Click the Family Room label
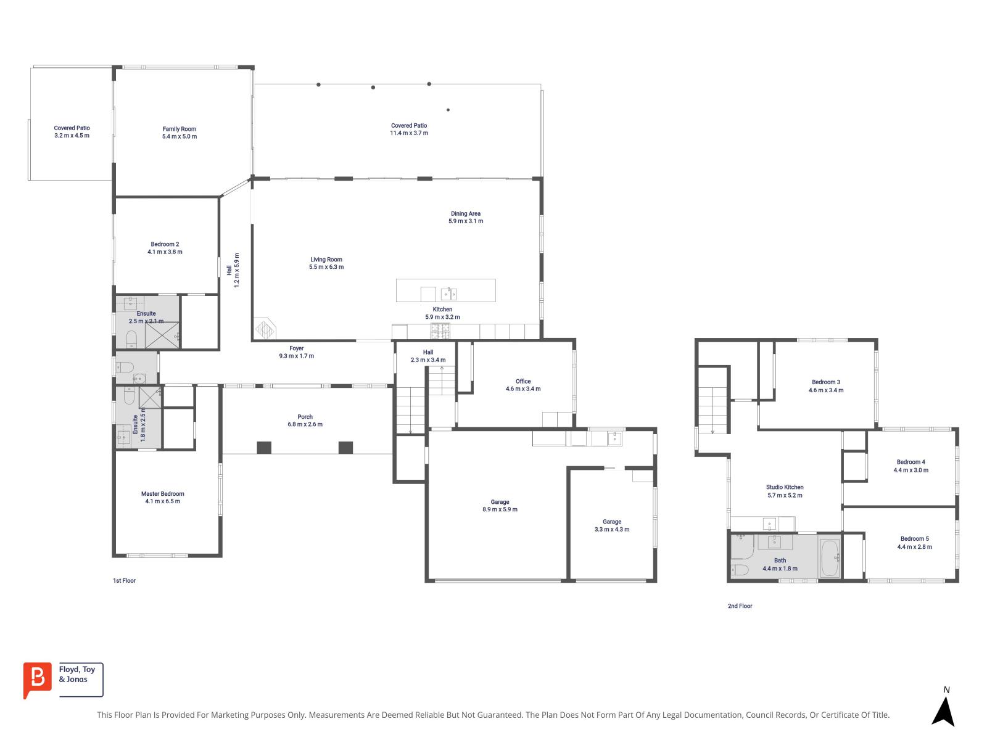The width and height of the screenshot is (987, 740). [180, 129]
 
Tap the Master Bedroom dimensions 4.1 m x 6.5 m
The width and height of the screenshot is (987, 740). [163, 502]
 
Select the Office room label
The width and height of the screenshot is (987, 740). [523, 382]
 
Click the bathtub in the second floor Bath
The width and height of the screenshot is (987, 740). [829, 557]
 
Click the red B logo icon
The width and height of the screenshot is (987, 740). [37, 680]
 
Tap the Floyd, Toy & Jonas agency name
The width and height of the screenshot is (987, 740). [77, 675]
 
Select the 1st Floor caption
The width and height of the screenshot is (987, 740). [124, 581]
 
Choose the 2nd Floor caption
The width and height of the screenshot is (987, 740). [740, 606]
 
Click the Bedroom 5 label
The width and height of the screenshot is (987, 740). [914, 539]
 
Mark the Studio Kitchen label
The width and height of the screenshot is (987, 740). [785, 487]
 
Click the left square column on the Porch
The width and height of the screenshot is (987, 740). [264, 448]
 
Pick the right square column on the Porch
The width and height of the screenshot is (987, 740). [345, 448]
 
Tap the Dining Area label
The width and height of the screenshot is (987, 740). [466, 214]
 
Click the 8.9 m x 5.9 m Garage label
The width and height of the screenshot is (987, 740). [500, 506]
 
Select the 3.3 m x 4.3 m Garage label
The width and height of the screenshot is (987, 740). [612, 525]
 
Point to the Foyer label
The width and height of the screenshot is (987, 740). [296, 348]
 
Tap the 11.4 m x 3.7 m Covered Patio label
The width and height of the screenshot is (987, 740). [409, 129]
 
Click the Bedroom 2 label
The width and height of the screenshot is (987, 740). [165, 244]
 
